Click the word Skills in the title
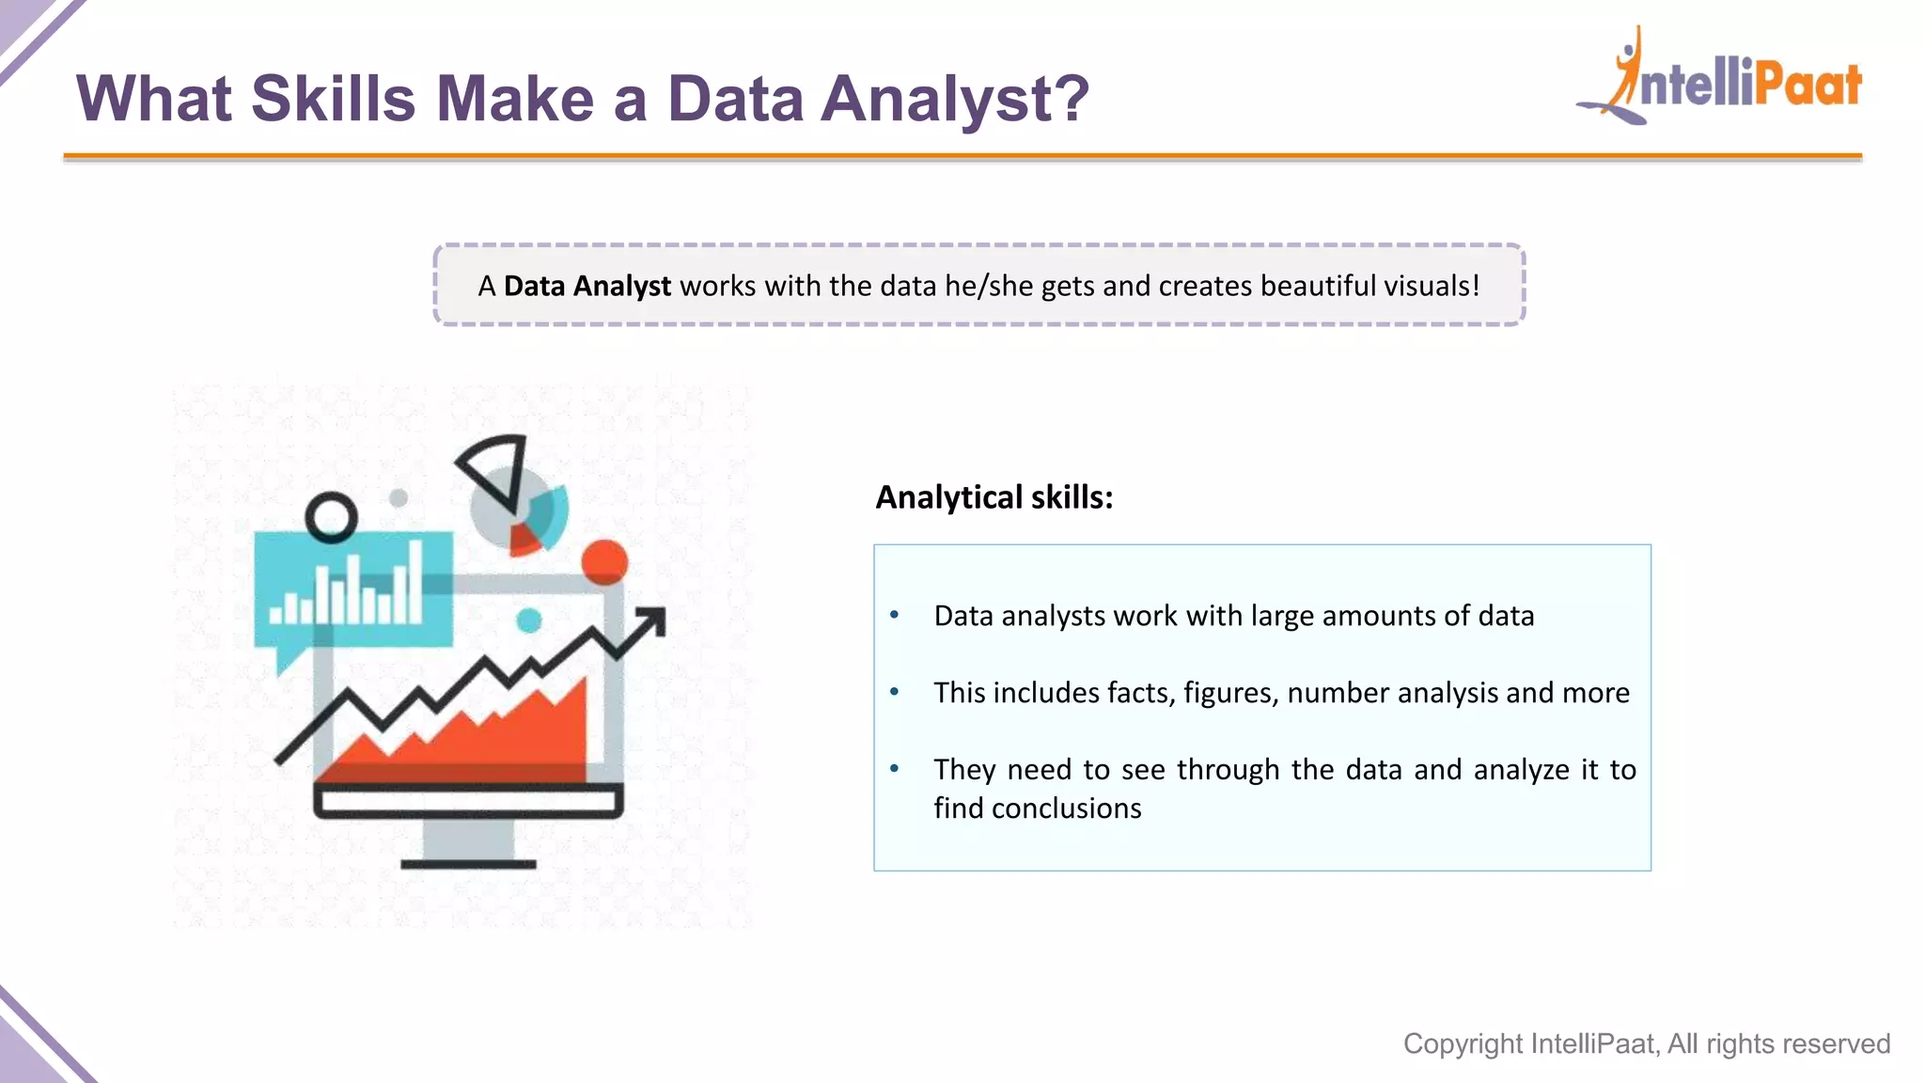[333, 99]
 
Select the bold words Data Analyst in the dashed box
[587, 286]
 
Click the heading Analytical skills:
[994, 497]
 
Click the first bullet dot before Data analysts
[895, 616]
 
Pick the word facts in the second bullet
[1139, 693]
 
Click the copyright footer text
[1646, 1044]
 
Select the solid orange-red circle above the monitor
[604, 561]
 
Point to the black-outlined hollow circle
[332, 518]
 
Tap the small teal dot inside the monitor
[529, 620]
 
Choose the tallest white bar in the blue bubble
[415, 583]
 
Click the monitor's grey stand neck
[468, 839]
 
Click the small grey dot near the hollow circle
[399, 497]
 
